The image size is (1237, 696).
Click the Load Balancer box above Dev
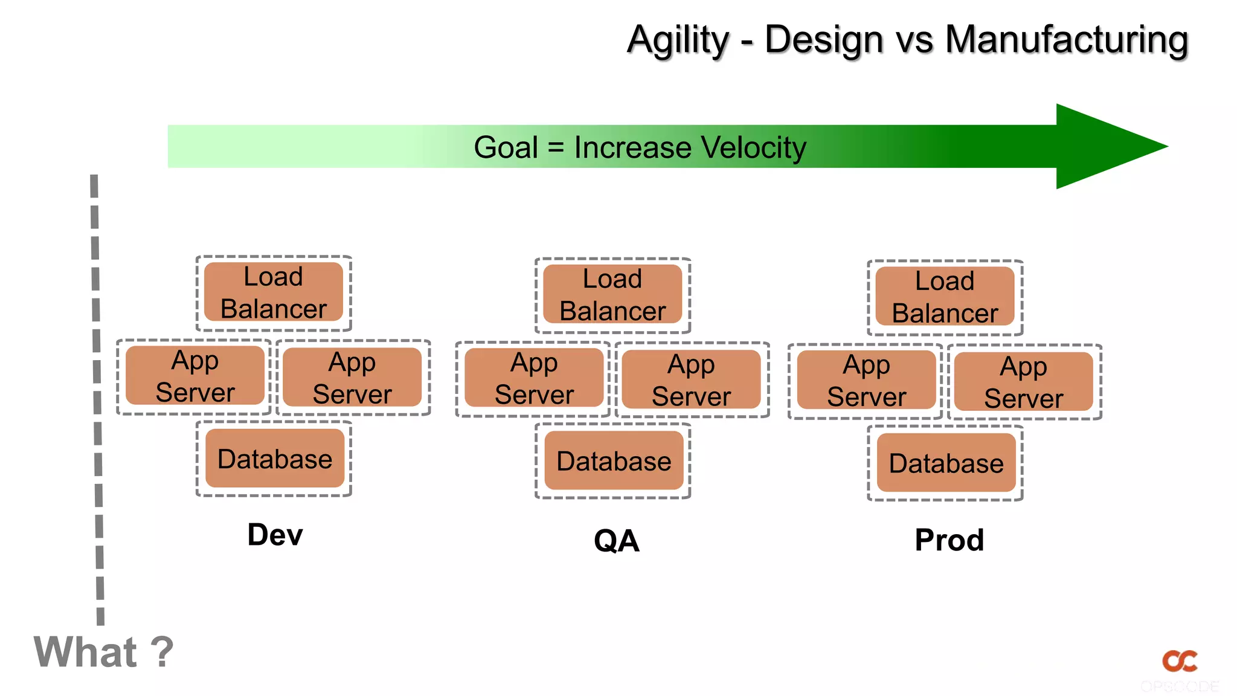[274, 292]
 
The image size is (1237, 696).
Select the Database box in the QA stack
[614, 460]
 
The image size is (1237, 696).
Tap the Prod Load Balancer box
[945, 297]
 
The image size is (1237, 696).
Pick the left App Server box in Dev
[194, 376]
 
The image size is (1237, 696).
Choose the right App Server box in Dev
[352, 378]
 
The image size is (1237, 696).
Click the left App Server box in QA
[534, 378]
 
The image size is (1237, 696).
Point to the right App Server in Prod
[1023, 382]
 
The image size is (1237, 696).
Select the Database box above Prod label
[946, 463]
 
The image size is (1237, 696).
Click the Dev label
[275, 535]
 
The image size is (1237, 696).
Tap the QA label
[616, 540]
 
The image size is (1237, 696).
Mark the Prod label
[949, 540]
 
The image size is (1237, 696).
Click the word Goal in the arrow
[506, 147]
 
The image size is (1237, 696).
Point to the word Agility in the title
[678, 40]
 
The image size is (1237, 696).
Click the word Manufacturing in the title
[1066, 40]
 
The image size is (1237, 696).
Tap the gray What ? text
[103, 652]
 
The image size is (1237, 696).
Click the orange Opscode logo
[1180, 661]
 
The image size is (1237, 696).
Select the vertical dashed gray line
[97, 399]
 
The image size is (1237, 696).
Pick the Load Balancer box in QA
[612, 295]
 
